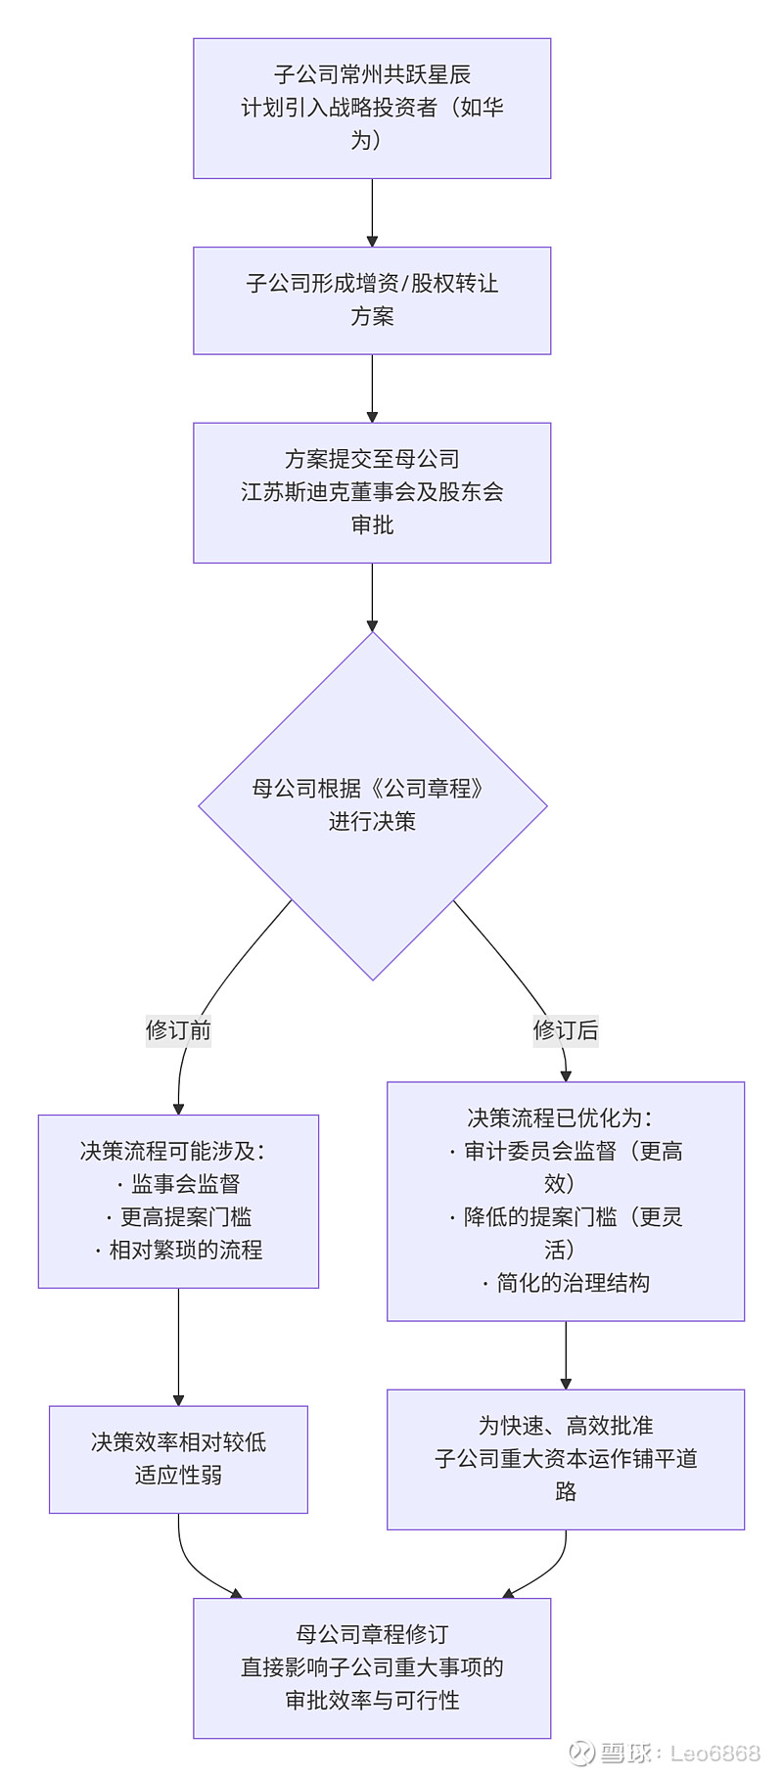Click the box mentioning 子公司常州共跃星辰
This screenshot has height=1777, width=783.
coord(372,108)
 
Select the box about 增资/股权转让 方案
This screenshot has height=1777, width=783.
coord(372,299)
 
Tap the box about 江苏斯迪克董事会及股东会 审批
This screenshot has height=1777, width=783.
coord(372,491)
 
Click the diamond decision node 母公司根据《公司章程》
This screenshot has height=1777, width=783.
coord(372,804)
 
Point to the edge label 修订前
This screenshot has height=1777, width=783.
coord(178,1029)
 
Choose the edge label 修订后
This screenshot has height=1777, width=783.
coord(565,1029)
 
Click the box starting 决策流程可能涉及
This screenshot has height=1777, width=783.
coord(178,1201)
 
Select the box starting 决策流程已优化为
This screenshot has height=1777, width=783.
coord(565,1201)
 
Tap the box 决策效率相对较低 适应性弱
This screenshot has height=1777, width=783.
coord(178,1458)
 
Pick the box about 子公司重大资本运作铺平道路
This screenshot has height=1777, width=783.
coord(565,1458)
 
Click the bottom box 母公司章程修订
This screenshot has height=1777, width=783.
coord(372,1667)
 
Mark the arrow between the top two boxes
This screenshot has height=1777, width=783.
coord(372,212)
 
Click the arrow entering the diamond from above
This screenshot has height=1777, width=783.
coord(372,597)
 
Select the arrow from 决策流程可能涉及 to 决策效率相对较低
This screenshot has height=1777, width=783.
coord(178,1346)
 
